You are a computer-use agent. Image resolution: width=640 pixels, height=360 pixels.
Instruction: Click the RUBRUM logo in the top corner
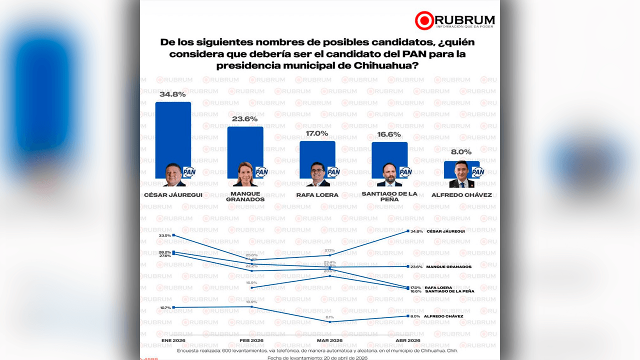coord(454,20)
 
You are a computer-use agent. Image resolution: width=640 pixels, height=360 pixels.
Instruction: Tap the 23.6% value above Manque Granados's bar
coord(245,119)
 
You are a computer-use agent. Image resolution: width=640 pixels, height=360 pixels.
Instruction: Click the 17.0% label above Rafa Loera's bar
coord(317,133)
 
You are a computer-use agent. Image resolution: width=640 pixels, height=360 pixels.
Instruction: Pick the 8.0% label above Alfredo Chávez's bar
coord(461,152)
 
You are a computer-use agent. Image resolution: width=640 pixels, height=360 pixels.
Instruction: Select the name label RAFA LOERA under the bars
coord(317,195)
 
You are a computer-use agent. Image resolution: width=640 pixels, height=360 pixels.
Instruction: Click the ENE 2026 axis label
coord(173,341)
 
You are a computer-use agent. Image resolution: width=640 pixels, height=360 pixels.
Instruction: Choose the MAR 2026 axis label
coord(329,341)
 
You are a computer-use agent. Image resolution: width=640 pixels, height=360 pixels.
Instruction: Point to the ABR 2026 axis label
coord(408,341)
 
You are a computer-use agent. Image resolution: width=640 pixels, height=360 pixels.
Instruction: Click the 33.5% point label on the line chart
coord(164,235)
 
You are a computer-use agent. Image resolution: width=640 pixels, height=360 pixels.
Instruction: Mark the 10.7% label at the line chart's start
coord(164,307)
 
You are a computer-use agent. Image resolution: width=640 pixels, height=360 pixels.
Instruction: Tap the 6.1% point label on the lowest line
coord(329,317)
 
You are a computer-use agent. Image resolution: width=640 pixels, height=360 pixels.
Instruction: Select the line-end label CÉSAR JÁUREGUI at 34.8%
coord(445,231)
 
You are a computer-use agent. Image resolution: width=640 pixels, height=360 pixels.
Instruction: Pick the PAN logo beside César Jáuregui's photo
coord(189,172)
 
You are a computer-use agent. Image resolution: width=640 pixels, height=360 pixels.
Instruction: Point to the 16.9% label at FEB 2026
coord(251,282)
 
